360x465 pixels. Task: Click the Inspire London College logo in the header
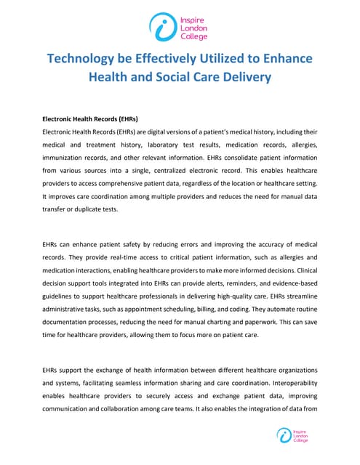point(179,27)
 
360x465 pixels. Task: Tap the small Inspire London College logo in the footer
point(293,435)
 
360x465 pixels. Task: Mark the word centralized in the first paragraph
point(200,170)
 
